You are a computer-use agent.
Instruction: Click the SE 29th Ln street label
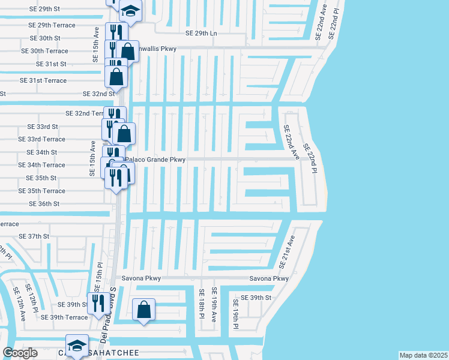[x=201, y=33]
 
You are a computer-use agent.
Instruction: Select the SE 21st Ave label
[x=287, y=252]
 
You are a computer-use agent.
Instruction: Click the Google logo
[x=20, y=352]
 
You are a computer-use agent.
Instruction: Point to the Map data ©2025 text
[x=423, y=355]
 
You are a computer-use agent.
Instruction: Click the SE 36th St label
[x=44, y=204]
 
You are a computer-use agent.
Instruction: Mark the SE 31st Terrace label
[x=43, y=80]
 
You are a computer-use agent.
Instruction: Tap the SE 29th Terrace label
[x=52, y=25]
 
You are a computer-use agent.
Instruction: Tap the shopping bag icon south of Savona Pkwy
[x=143, y=310]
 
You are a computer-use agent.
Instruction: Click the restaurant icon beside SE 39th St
[x=96, y=303]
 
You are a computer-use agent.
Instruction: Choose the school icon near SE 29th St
[x=130, y=10]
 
